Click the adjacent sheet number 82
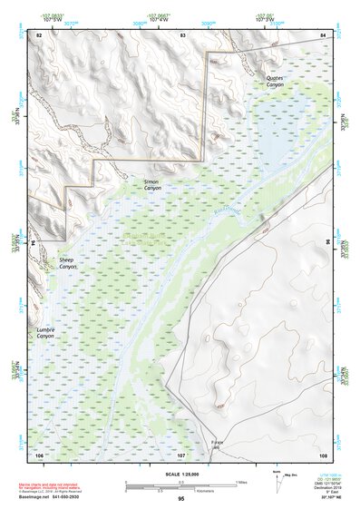click(39, 34)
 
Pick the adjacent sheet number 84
click(322, 34)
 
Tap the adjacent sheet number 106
click(39, 453)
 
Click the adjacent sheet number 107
click(181, 453)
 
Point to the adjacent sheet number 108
click(322, 453)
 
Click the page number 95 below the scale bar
click(181, 499)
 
